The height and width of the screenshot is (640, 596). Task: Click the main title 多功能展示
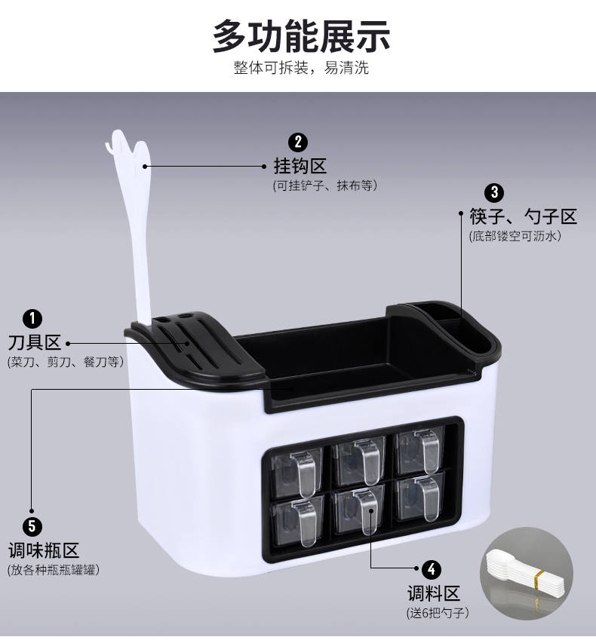[302, 36]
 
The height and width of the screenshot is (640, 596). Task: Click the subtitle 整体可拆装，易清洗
[302, 68]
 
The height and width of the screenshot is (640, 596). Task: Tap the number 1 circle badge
[32, 318]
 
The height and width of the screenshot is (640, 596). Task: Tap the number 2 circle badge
[298, 142]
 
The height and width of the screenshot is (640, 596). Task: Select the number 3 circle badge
[494, 192]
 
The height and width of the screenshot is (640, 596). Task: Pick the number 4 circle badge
[432, 569]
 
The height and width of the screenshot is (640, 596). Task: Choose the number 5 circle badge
[32, 526]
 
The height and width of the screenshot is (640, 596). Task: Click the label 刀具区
[35, 342]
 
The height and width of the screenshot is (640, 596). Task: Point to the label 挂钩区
[300, 166]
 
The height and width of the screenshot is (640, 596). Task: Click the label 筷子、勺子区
[524, 216]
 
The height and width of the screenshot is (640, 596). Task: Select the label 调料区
[434, 593]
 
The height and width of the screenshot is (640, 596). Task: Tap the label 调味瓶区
[44, 550]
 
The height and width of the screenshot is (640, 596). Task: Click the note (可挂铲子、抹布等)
[324, 185]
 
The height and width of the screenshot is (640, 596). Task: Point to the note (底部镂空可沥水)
[515, 236]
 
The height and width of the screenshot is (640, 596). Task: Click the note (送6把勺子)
[438, 613]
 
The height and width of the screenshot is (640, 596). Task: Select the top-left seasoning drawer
[297, 473]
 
